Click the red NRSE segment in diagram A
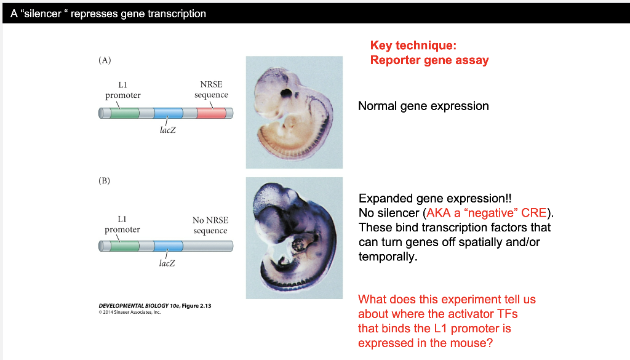click(x=212, y=113)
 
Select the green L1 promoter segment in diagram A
click(x=124, y=113)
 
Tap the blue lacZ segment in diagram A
click(x=169, y=113)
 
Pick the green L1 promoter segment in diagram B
click(x=124, y=246)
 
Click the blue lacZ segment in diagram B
click(x=169, y=246)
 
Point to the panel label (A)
click(x=105, y=60)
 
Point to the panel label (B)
click(x=104, y=180)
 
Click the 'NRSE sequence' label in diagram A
click(x=212, y=90)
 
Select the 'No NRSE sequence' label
click(x=210, y=225)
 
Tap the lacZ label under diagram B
click(x=167, y=263)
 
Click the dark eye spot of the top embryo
click(x=286, y=94)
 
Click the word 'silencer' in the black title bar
click(x=42, y=14)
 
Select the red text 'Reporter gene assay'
click(x=429, y=60)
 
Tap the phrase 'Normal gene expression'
click(x=423, y=106)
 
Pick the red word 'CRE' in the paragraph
click(x=534, y=213)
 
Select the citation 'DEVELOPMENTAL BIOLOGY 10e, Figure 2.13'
click(x=155, y=306)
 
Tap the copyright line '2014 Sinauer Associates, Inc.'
click(x=132, y=312)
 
